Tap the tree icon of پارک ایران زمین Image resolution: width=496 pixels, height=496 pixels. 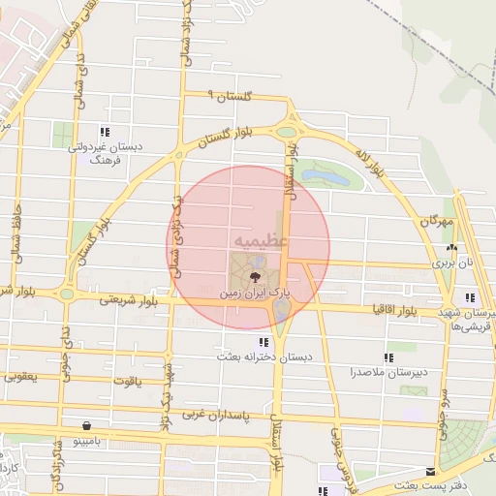256,276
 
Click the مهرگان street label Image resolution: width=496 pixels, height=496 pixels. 437,222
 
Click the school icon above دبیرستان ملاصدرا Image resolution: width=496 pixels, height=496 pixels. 389,357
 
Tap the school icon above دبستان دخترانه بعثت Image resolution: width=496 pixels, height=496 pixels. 263,342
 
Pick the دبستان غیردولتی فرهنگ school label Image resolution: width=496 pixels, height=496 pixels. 105,152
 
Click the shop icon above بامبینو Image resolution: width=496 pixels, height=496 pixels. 88,424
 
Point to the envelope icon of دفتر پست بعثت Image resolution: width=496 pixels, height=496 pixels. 430,471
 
